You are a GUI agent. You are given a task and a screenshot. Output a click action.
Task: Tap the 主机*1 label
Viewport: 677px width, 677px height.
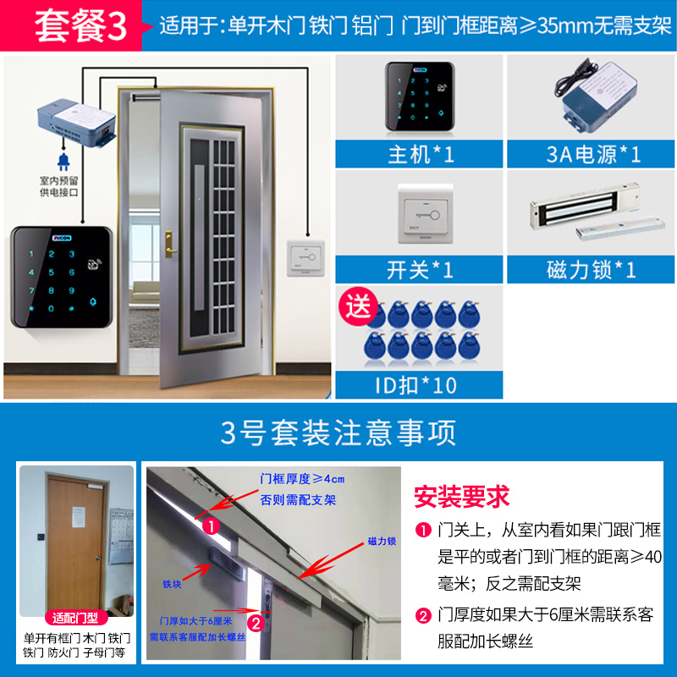click(421, 154)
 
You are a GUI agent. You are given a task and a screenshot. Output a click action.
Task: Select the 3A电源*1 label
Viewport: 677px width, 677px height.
click(591, 154)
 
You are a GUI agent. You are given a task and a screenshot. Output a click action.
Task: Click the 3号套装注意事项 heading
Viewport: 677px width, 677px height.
click(338, 432)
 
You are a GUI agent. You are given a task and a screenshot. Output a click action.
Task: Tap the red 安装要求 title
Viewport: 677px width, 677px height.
click(461, 493)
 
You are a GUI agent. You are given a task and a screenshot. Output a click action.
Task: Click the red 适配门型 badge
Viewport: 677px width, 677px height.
click(76, 616)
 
